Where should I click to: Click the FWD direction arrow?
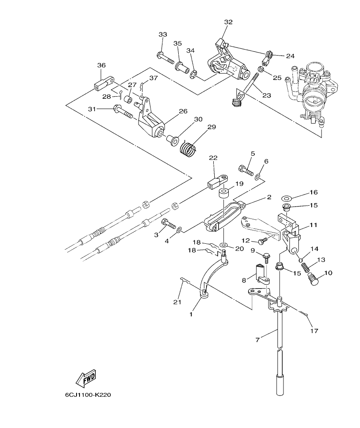tap(86, 378)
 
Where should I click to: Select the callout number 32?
tap(228, 22)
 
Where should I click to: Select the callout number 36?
tap(101, 65)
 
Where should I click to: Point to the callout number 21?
tap(177, 302)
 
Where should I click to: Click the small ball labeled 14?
tap(301, 259)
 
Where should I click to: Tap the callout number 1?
tap(191, 314)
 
